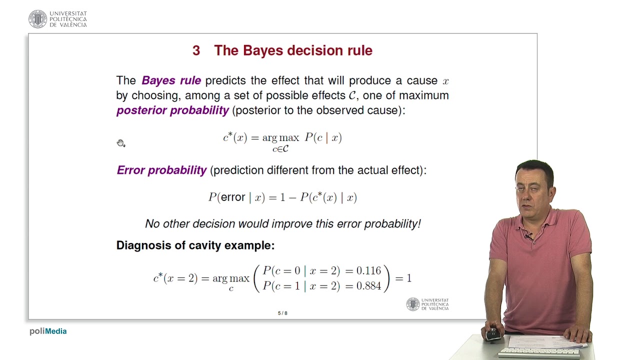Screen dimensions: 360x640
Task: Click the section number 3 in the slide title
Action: point(196,50)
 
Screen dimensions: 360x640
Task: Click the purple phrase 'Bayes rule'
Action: point(171,80)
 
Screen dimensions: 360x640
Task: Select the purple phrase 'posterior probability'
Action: point(172,110)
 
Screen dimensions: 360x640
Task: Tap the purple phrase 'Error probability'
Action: point(161,170)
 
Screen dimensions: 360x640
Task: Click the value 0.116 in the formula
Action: point(368,271)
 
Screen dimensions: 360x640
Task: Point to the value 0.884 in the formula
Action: point(368,286)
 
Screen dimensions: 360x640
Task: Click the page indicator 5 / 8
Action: point(282,313)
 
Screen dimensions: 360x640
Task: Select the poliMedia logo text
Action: point(48,331)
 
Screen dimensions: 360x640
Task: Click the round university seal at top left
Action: point(37,19)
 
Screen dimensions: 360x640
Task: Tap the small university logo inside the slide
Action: point(413,304)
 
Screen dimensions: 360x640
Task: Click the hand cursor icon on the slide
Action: point(120,143)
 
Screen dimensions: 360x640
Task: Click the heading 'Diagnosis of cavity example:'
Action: point(195,245)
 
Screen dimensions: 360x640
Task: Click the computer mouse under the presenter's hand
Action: point(493,334)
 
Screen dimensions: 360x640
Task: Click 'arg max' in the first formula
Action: point(280,138)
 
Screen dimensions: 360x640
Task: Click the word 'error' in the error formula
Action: point(233,197)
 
